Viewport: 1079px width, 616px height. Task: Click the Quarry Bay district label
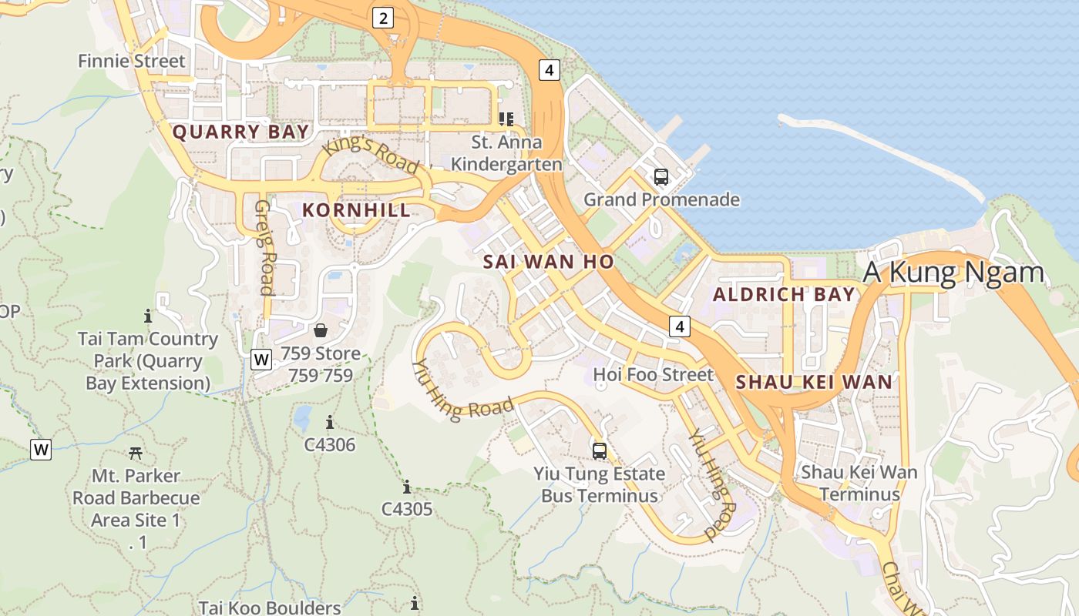point(240,132)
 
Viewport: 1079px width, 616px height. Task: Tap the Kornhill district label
point(356,210)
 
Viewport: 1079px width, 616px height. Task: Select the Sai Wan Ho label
point(549,262)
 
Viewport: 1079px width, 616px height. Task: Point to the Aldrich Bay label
point(784,294)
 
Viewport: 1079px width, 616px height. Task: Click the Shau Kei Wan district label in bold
point(814,381)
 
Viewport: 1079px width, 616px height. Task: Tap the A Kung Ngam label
point(953,272)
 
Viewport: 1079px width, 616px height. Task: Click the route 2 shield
point(383,17)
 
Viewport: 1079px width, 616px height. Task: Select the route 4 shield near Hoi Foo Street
point(679,326)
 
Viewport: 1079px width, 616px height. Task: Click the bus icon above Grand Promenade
point(661,176)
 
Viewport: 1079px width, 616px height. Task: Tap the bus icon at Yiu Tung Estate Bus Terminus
point(599,450)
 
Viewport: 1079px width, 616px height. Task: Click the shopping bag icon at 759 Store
point(321,330)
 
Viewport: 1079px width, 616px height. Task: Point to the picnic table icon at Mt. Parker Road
point(136,453)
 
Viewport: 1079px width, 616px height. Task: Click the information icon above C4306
point(330,422)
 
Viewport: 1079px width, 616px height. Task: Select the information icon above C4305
point(407,487)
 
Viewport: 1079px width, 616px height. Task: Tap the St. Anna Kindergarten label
point(506,153)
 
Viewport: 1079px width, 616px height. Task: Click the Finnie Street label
point(132,61)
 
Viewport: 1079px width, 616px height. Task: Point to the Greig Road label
point(265,247)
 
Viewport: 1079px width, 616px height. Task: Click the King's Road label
point(371,155)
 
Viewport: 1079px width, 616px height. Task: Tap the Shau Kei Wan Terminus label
point(859,483)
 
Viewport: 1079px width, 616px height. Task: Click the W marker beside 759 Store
point(262,359)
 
